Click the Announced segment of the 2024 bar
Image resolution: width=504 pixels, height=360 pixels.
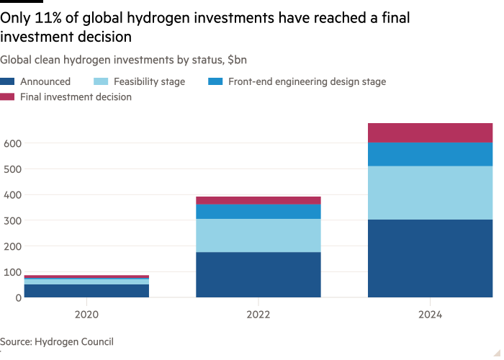point(430,258)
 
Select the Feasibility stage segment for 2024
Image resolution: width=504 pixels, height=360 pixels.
point(430,192)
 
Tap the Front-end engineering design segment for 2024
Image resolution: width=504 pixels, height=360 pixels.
point(430,154)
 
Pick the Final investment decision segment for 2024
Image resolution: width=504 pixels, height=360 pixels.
point(430,132)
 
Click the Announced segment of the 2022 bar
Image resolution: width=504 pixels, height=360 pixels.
point(258,274)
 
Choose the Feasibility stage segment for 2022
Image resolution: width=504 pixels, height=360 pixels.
point(258,235)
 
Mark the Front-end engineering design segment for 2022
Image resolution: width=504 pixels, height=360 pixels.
point(258,212)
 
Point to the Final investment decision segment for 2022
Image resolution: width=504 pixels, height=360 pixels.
point(258,200)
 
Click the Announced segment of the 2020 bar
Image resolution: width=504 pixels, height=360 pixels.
point(86,290)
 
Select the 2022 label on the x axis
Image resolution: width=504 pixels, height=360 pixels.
point(258,315)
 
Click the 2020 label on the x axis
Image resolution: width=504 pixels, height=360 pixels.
point(86,315)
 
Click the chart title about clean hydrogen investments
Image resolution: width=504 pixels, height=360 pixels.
point(124,60)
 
